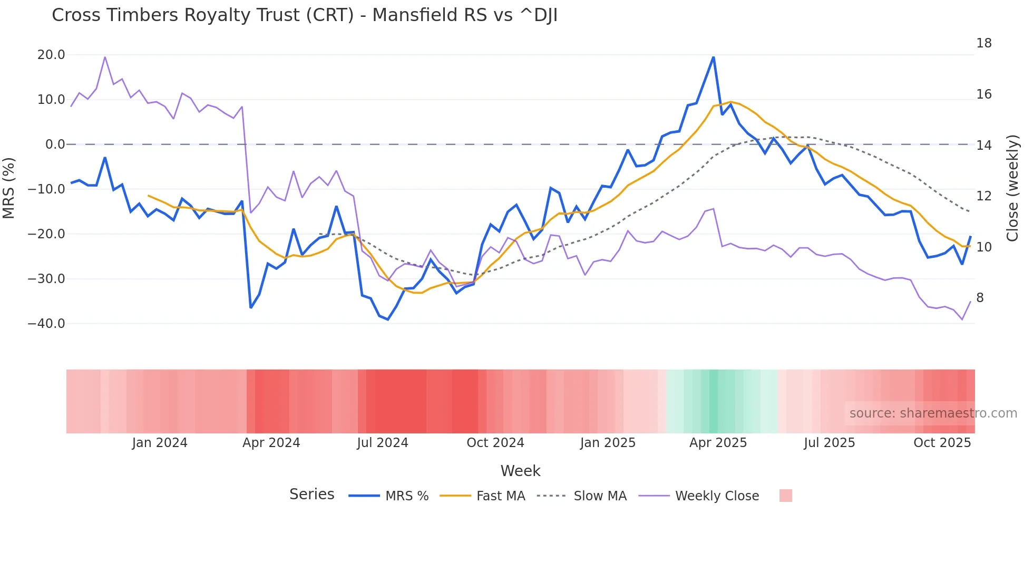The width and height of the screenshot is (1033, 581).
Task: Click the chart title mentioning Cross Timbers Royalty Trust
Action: (x=305, y=15)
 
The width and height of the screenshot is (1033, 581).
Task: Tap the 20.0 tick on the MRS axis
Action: (x=51, y=55)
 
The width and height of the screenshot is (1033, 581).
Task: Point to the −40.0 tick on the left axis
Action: (x=46, y=324)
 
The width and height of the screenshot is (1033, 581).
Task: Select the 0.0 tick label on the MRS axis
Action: (x=55, y=144)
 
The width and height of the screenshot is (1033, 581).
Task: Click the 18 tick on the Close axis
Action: (x=983, y=43)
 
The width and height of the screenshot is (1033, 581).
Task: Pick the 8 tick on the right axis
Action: (x=980, y=298)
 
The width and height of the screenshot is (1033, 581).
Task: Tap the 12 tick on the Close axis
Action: (x=983, y=196)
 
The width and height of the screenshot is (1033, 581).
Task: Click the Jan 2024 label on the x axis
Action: (x=160, y=443)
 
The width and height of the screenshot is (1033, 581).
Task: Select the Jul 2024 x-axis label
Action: (x=383, y=443)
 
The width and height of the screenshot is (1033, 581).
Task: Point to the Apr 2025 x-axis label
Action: (x=718, y=443)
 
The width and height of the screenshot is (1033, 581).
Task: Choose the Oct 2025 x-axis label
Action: (x=942, y=443)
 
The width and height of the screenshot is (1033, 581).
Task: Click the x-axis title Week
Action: (x=520, y=471)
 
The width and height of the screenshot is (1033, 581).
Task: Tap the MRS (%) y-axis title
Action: (x=9, y=188)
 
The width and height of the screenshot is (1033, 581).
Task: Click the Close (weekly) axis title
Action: (x=1012, y=188)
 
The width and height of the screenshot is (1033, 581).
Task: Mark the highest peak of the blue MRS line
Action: (x=713, y=57)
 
